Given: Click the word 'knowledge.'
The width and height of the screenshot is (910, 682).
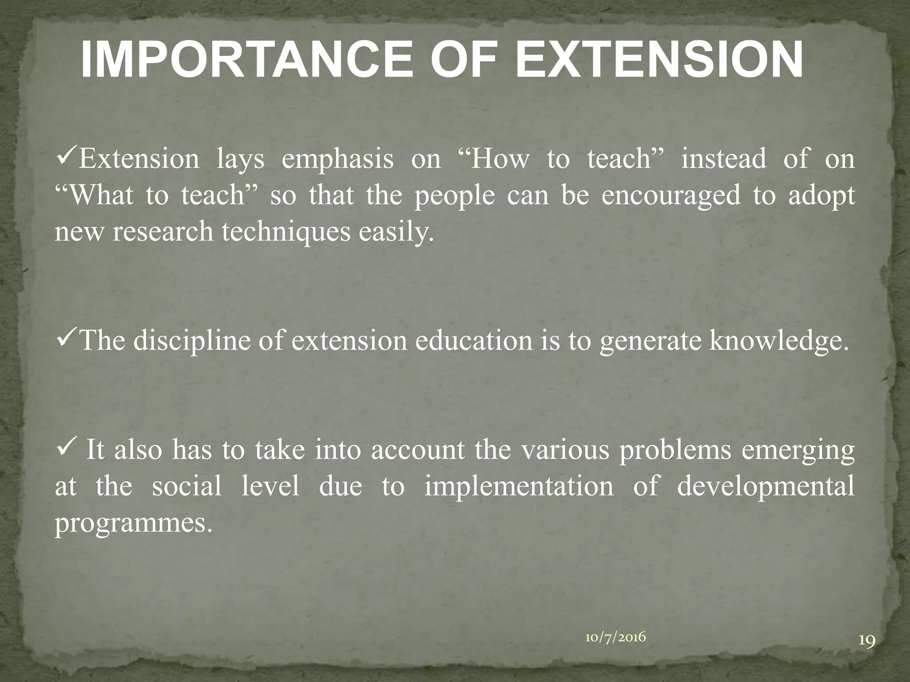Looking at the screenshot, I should click(x=776, y=341).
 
